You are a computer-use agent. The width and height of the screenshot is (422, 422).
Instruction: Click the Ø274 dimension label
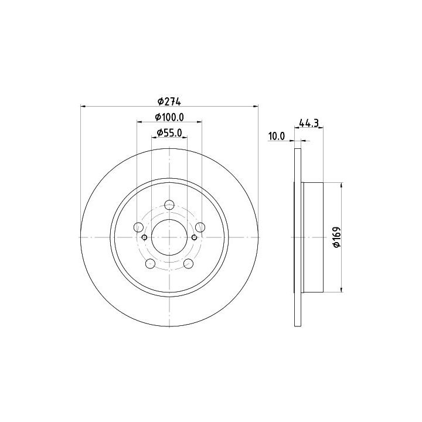tap(169, 102)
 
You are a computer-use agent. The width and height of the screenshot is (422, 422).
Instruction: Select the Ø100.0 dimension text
tap(169, 117)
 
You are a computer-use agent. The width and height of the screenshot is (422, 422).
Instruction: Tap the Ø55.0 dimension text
tap(169, 132)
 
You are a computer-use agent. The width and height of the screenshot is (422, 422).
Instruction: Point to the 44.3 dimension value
tap(309, 123)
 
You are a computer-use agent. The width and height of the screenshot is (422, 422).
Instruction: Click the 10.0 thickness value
tap(277, 137)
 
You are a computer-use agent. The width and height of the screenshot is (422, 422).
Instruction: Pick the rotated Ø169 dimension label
tap(336, 237)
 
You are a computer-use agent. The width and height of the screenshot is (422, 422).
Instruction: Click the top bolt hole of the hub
tap(169, 205)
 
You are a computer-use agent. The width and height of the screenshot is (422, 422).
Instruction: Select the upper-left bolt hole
tap(138, 227)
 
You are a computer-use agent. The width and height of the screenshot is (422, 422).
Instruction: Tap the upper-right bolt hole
tap(200, 227)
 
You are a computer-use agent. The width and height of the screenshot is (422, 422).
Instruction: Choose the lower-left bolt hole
tap(150, 264)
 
